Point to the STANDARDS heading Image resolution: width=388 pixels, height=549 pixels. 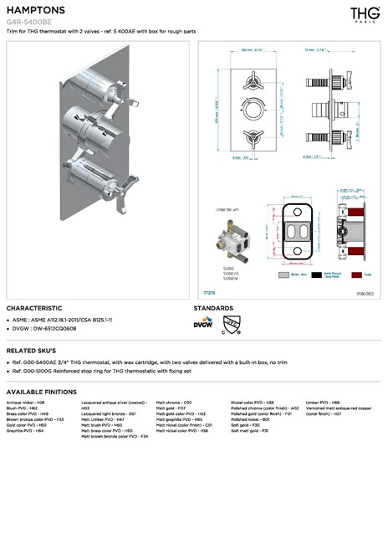tap(214, 308)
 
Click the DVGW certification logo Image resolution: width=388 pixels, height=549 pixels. tap(202, 323)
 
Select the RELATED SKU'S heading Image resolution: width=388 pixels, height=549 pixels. tap(31, 350)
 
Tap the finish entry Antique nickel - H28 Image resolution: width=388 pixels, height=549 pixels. tap(26, 403)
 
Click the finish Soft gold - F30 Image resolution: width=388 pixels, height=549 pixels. tap(245, 424)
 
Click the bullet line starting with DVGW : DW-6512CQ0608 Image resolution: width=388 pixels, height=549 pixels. tap(47, 329)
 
